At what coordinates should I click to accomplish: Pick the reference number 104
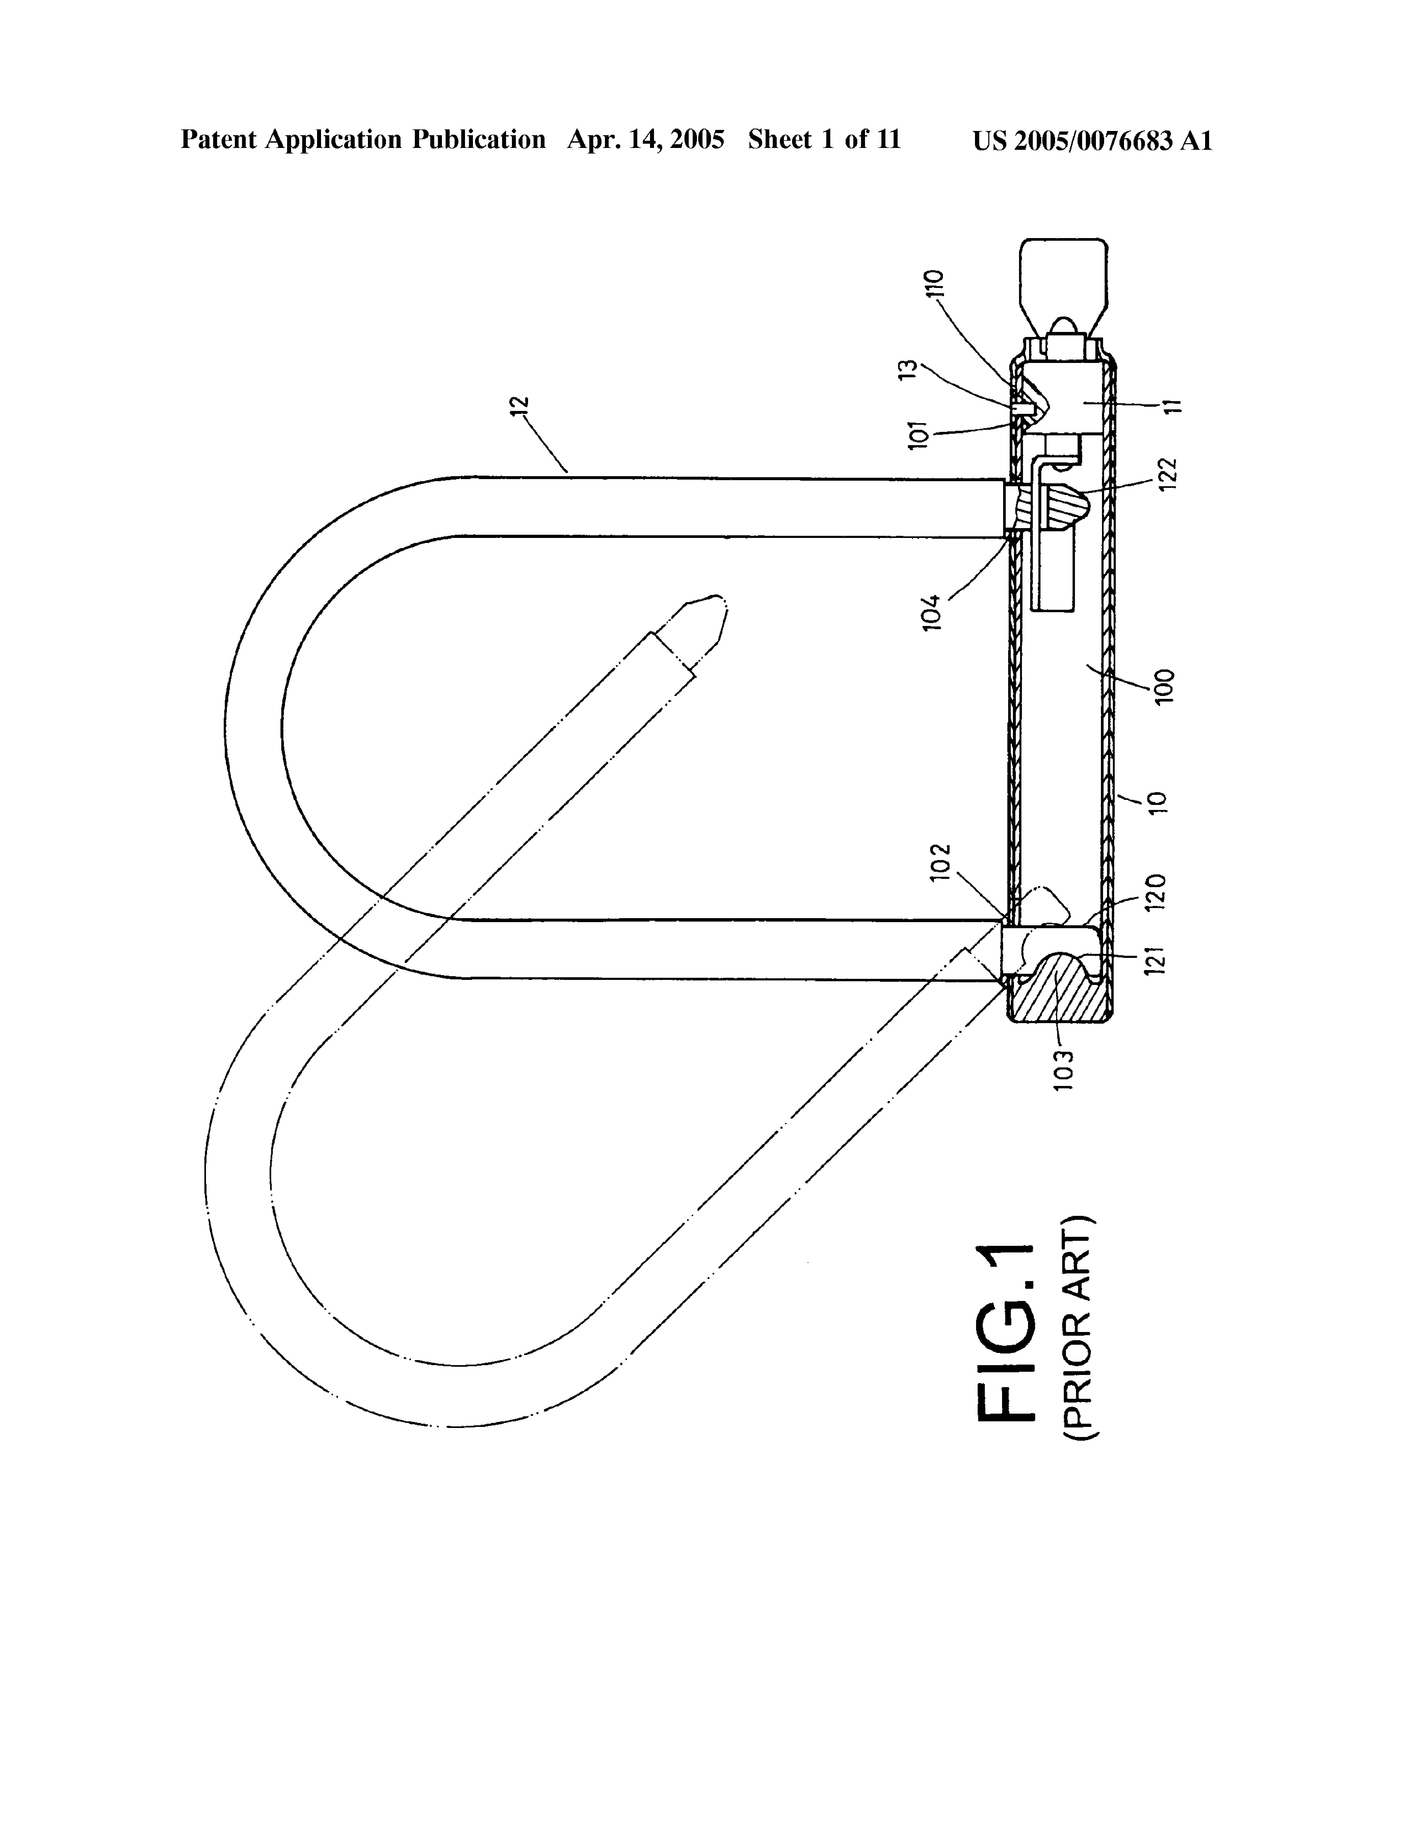pyautogui.click(x=932, y=612)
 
